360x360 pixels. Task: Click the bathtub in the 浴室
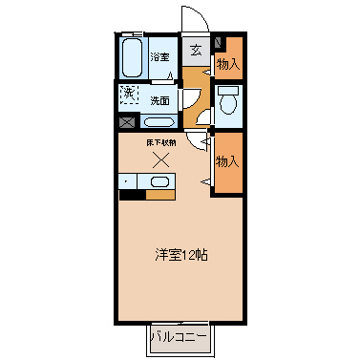[133, 58]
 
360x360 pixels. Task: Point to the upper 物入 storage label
[227, 64]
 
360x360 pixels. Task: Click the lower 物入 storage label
[227, 162]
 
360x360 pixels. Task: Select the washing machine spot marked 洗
[129, 94]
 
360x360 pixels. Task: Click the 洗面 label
[160, 100]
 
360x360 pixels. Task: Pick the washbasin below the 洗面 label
[159, 121]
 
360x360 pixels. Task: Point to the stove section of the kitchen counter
[128, 182]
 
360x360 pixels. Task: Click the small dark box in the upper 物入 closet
[219, 42]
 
